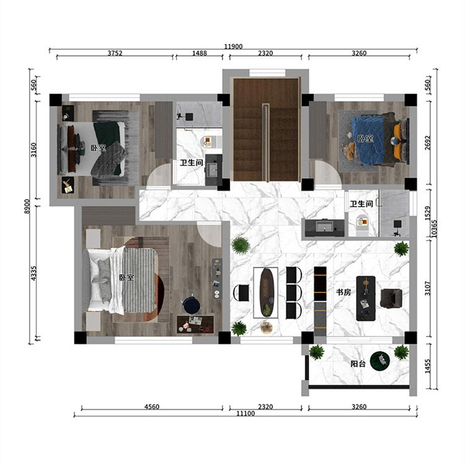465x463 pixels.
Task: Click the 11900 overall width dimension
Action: (x=233, y=47)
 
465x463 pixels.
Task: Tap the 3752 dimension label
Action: (x=115, y=53)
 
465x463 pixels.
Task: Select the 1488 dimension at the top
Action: (x=200, y=53)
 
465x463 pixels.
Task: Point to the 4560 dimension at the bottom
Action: (x=152, y=407)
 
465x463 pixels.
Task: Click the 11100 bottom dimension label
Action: (x=246, y=413)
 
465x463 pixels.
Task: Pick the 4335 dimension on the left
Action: (x=33, y=273)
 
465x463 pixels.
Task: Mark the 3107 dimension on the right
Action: (x=427, y=288)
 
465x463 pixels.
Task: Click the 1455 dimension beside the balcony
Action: (x=427, y=366)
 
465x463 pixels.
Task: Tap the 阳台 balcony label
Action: (x=358, y=364)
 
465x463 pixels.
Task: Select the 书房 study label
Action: (x=343, y=292)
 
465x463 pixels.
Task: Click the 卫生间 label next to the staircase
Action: (x=192, y=163)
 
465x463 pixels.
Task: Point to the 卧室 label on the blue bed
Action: (x=365, y=138)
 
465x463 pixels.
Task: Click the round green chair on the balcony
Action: (x=380, y=361)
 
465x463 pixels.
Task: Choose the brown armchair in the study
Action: (x=391, y=299)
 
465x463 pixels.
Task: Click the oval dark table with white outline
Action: (x=266, y=293)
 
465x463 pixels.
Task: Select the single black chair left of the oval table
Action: (x=242, y=293)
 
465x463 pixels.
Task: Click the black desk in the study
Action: (x=366, y=299)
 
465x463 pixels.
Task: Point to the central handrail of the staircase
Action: (x=266, y=143)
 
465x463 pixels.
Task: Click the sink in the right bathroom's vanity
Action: (x=323, y=227)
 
